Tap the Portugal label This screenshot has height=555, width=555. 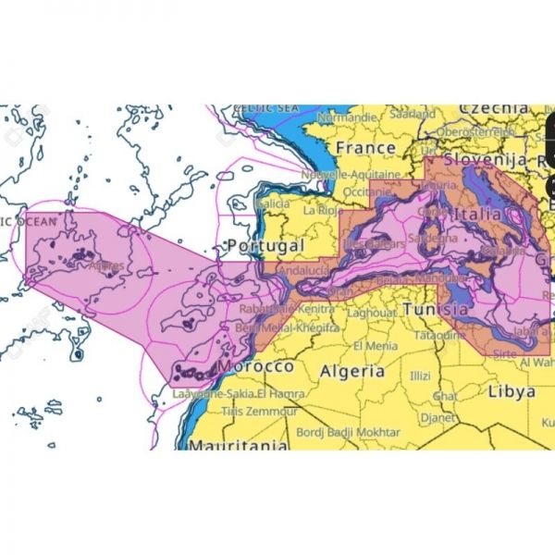click(x=265, y=246)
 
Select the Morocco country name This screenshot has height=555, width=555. click(x=253, y=367)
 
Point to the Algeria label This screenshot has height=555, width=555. click(x=351, y=371)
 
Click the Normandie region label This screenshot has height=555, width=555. click(x=347, y=118)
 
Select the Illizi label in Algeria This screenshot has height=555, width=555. click(x=421, y=376)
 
